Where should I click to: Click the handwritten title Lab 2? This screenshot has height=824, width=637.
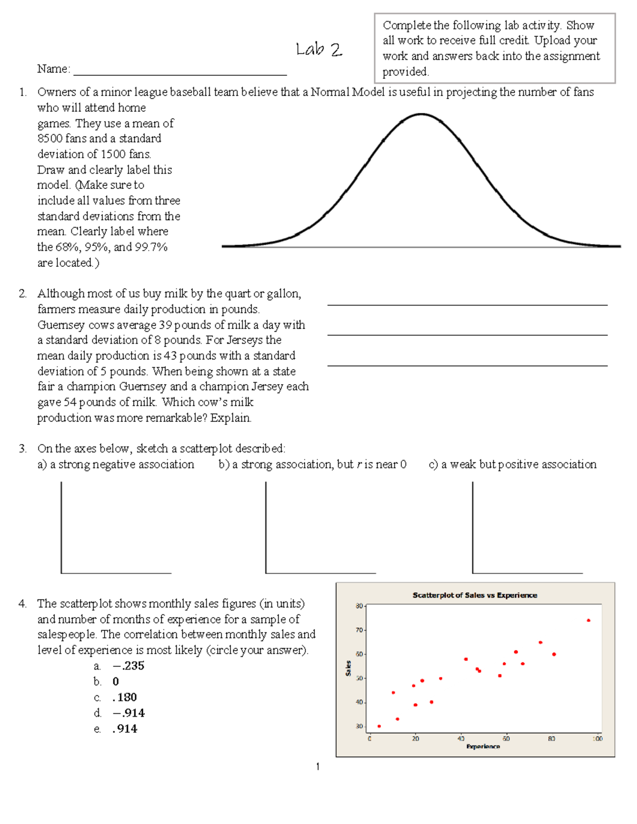(x=318, y=50)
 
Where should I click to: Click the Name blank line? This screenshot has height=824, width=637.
(x=180, y=74)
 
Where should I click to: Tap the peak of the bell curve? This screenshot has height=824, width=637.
(x=421, y=114)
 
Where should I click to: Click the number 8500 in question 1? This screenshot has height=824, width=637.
(x=50, y=138)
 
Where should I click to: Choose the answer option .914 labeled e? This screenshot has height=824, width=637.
(x=125, y=729)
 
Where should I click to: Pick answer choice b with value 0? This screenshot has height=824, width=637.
(x=116, y=682)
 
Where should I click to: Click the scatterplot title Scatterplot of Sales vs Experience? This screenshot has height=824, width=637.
(x=475, y=595)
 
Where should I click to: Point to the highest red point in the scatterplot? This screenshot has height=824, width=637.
(x=588, y=620)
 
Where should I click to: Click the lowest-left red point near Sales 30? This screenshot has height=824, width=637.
(x=379, y=726)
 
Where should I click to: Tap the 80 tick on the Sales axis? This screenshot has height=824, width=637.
(x=359, y=606)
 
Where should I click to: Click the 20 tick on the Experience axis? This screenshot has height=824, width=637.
(x=415, y=739)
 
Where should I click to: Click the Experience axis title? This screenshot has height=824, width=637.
(x=483, y=747)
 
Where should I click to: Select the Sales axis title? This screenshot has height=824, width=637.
(x=348, y=668)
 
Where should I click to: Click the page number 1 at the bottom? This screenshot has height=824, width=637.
(x=317, y=766)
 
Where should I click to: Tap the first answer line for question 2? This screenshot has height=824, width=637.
(x=467, y=305)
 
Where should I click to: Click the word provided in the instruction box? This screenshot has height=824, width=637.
(x=406, y=72)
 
